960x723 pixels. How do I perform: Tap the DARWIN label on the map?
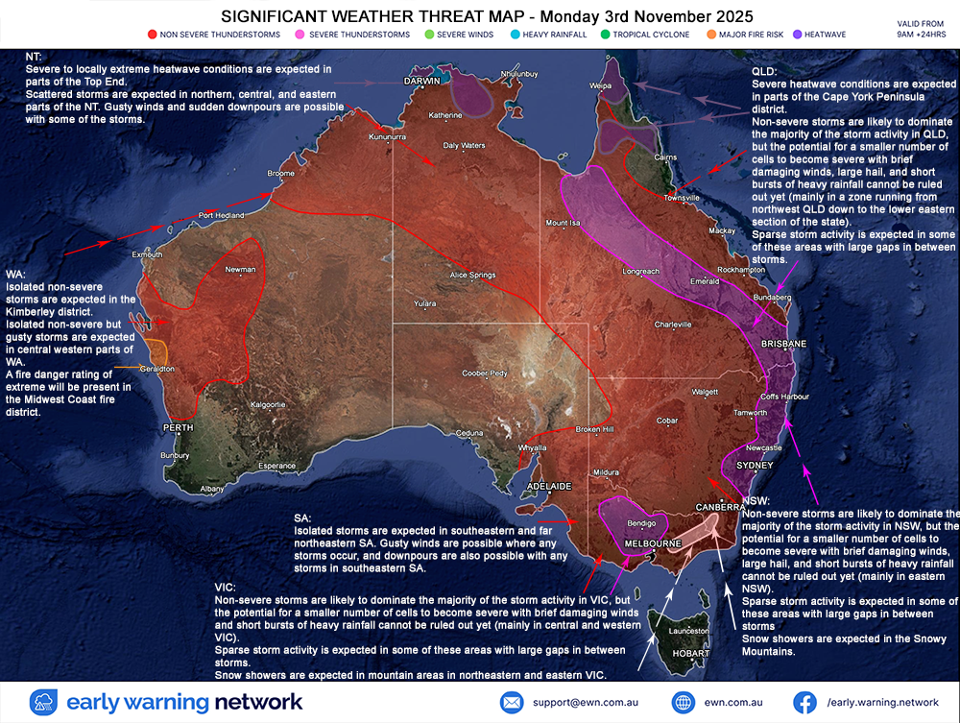[421, 82]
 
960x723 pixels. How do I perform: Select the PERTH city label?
[178, 426]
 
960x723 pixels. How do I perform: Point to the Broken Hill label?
[593, 429]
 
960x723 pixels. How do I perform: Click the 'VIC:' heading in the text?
[226, 586]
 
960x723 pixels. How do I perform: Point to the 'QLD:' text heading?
[765, 71]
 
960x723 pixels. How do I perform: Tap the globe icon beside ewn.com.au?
[683, 702]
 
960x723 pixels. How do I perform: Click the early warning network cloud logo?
[45, 702]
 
